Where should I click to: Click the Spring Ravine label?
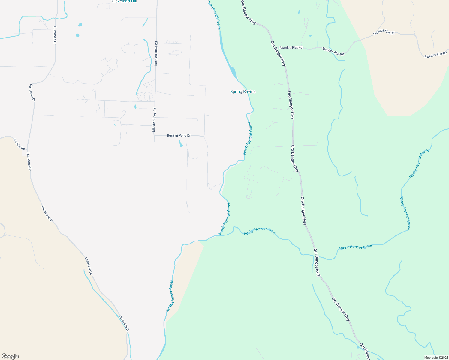(x=243, y=91)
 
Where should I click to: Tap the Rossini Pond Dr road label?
(x=179, y=136)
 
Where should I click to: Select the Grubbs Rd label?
(x=19, y=144)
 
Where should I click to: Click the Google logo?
(x=10, y=356)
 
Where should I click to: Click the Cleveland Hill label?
(x=124, y=1)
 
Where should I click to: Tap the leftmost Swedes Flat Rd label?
(x=291, y=48)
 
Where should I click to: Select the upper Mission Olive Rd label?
(x=156, y=54)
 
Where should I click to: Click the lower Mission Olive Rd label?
(x=154, y=120)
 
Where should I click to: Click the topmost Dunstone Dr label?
(x=55, y=35)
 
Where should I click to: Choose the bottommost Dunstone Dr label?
(x=124, y=323)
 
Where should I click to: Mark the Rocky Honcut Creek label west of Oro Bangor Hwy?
(x=260, y=231)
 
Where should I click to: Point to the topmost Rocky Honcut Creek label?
(x=419, y=163)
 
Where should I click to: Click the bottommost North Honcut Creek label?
(x=170, y=296)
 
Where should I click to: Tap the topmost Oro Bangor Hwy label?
(x=248, y=12)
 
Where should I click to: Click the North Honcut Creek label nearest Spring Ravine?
(x=248, y=138)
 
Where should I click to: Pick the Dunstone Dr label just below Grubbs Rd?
(x=29, y=161)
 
